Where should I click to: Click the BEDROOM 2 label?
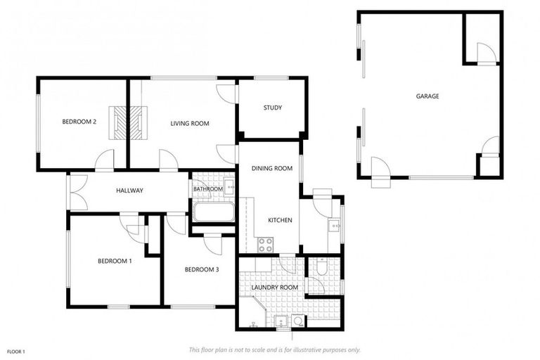click(x=79, y=122)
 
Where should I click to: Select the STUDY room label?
click(x=273, y=108)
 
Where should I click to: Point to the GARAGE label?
click(x=427, y=96)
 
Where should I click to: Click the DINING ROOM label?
click(x=271, y=168)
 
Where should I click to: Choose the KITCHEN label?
click(x=280, y=220)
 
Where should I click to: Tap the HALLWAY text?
click(x=130, y=190)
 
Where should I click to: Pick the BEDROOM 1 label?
click(x=115, y=261)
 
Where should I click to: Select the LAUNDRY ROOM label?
click(x=275, y=287)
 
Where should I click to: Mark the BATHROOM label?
click(x=208, y=188)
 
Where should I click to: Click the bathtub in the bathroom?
click(x=213, y=212)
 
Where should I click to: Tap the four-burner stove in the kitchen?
click(x=266, y=245)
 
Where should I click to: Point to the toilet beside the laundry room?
click(x=321, y=266)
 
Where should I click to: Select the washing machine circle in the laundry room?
click(x=298, y=321)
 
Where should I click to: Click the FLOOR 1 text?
click(x=16, y=351)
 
